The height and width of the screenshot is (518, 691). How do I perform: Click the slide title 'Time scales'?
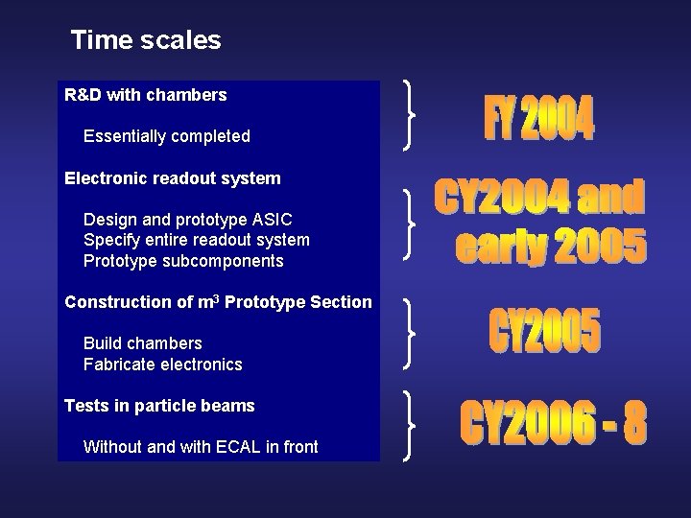point(146,40)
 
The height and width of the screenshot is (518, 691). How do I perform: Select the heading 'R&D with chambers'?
point(145,95)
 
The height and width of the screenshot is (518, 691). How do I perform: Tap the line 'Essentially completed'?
point(166,136)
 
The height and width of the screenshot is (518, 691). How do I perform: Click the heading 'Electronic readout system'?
point(172,177)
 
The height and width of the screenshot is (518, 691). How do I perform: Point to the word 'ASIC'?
point(272,219)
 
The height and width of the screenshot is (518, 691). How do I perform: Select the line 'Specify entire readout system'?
point(196,240)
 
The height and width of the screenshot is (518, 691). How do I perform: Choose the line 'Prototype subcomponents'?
point(183,261)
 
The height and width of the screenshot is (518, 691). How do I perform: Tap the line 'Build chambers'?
point(142,342)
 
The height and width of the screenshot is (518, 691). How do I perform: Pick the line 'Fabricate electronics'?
point(162,365)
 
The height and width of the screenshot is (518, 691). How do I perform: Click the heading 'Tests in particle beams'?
point(159,406)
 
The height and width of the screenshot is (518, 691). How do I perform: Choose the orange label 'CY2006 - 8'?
point(553,424)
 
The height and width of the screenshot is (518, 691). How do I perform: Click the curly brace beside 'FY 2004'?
point(412,115)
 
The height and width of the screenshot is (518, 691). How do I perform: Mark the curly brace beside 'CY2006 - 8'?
point(412,425)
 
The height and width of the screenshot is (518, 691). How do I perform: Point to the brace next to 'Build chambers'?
point(412,332)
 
